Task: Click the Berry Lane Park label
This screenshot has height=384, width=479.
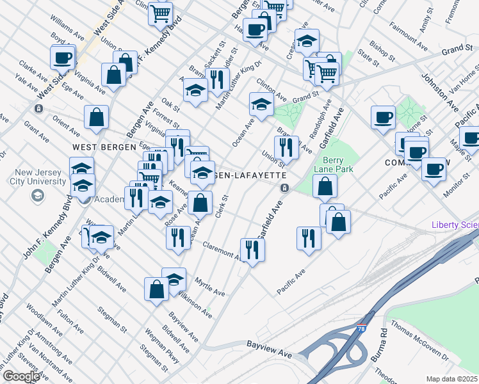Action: [338, 164]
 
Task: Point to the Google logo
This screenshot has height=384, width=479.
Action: [21, 376]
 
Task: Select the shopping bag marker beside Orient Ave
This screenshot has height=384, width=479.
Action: [96, 118]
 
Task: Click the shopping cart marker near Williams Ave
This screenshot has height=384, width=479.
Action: [160, 13]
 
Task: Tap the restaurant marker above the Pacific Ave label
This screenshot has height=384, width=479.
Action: [309, 238]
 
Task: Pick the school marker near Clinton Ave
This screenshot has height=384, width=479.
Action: [261, 104]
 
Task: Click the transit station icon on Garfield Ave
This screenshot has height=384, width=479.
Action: [283, 188]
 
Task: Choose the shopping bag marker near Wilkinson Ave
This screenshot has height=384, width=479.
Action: [156, 289]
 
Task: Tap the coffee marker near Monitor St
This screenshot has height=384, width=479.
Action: [434, 170]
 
